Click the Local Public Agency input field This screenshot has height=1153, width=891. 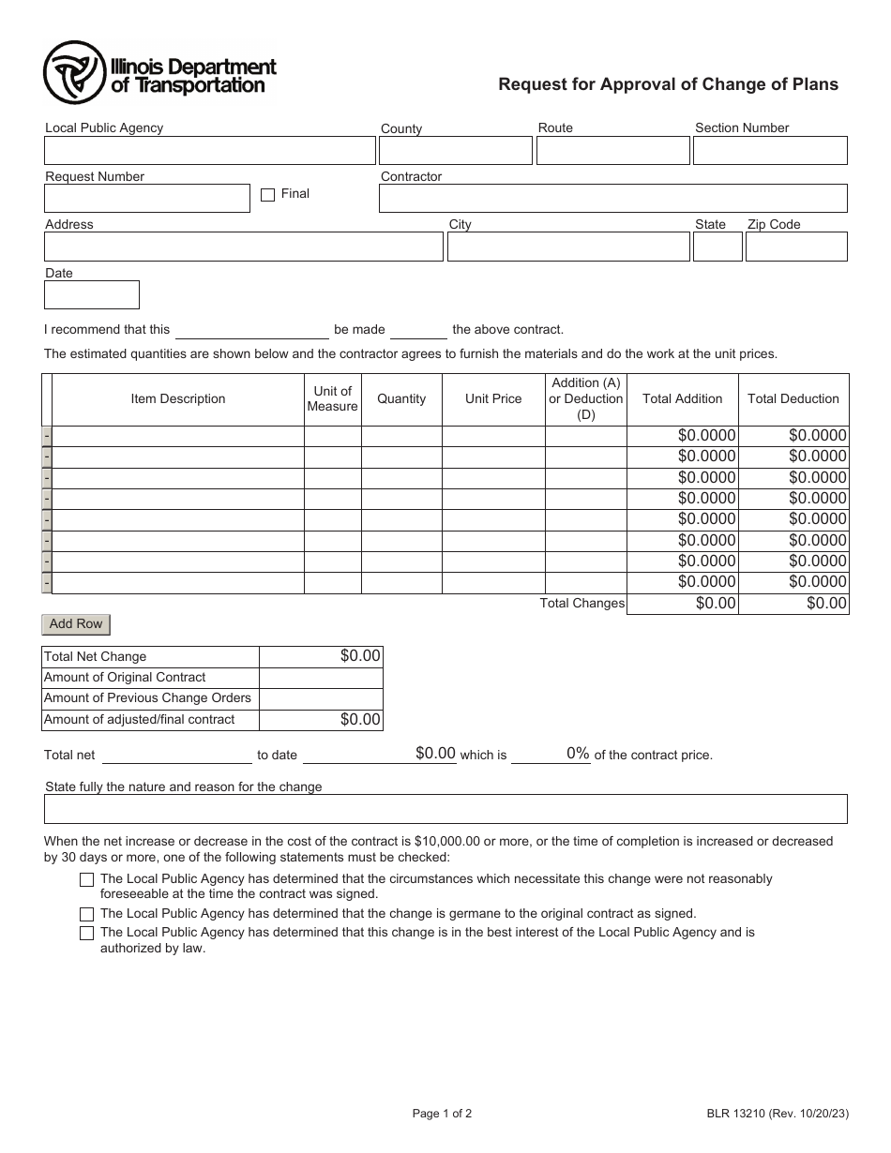coord(209,151)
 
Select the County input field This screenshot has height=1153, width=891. coord(455,151)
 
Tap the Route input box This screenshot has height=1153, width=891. coord(612,151)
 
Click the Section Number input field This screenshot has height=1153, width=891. coord(770,151)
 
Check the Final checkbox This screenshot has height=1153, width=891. coord(267,195)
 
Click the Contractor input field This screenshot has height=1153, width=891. coord(612,199)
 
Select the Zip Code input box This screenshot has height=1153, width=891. coord(796,247)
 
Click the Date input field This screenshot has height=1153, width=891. coord(92,295)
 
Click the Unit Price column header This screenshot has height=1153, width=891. coord(493,399)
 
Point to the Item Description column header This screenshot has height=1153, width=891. coord(178,399)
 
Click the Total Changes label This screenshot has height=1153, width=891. coord(581,604)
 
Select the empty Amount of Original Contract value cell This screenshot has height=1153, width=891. coord(321,678)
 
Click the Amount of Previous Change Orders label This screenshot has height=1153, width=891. coord(148,698)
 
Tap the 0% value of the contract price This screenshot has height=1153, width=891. coord(577,754)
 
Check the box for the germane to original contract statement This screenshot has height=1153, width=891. coord(87,914)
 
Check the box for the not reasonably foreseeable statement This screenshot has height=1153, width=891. coord(87,880)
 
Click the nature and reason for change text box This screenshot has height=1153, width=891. coord(445,809)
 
